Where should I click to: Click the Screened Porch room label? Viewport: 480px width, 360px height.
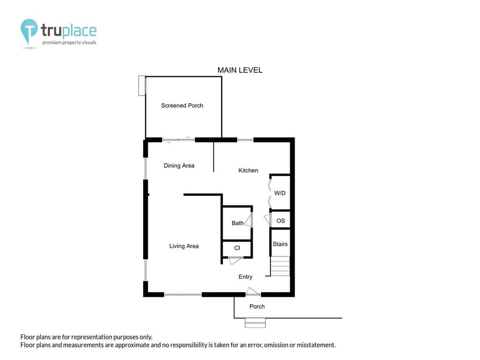pyautogui.click(x=182, y=105)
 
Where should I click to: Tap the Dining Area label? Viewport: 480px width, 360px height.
pyautogui.click(x=179, y=165)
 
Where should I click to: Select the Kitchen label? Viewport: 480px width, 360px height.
pyautogui.click(x=248, y=171)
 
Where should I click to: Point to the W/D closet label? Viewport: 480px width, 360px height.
pyautogui.click(x=280, y=193)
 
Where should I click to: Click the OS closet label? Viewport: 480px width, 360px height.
pyautogui.click(x=281, y=221)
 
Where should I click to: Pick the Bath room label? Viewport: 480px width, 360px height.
pyautogui.click(x=238, y=223)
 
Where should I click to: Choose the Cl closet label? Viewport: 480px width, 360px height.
pyautogui.click(x=237, y=248)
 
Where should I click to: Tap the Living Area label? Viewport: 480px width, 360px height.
pyautogui.click(x=184, y=246)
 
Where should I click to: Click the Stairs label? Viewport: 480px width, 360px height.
pyautogui.click(x=280, y=244)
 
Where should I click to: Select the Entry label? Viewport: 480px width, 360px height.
pyautogui.click(x=246, y=277)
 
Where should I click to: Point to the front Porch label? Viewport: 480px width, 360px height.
pyautogui.click(x=257, y=307)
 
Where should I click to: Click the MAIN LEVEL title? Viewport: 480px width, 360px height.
pyautogui.click(x=240, y=70)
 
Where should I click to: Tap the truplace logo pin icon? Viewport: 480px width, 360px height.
pyautogui.click(x=29, y=30)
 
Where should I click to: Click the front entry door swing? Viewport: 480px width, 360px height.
pyautogui.click(x=253, y=292)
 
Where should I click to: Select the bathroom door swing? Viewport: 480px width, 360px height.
pyautogui.click(x=249, y=220)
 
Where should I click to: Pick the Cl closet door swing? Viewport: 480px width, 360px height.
pyautogui.click(x=235, y=261)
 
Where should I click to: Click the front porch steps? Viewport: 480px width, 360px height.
pyautogui.click(x=255, y=323)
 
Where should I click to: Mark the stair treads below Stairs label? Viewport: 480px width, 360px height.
pyautogui.click(x=280, y=266)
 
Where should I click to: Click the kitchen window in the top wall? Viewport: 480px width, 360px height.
pyautogui.click(x=246, y=140)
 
